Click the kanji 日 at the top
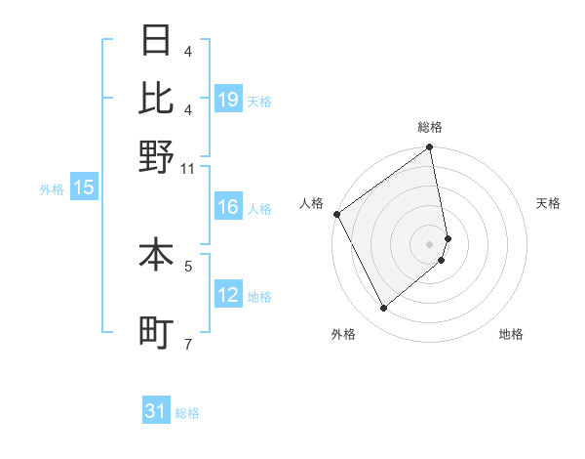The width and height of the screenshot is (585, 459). pos(156,41)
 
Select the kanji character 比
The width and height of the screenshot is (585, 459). pos(156,99)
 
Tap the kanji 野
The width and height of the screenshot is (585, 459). pos(156,156)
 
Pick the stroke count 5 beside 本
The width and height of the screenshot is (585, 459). pos(188,264)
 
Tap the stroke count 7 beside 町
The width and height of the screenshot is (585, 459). pos(188,344)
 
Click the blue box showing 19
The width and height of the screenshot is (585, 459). pos(228,100)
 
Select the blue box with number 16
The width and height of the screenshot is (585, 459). pos(228,207)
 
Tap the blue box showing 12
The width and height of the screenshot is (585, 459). pos(228,295)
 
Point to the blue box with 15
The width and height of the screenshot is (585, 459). pos(84,188)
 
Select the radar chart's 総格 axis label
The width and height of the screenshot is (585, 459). pos(430,127)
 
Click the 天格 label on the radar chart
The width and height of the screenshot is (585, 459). pos(548,203)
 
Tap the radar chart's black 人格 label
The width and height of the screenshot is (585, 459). pos(311,203)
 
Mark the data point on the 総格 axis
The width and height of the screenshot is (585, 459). pos(430,148)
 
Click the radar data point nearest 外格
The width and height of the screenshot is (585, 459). pos(383,309)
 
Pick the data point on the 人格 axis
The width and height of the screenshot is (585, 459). pos(336,214)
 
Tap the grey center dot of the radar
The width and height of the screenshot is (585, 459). pos(430,243)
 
